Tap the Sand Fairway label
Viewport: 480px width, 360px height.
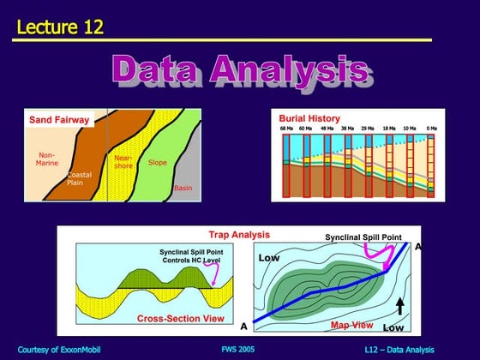(60, 120)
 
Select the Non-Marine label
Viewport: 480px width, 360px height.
(46, 159)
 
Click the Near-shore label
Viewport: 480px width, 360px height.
(123, 162)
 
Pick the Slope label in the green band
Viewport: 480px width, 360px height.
(158, 162)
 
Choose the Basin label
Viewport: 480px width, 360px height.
(183, 187)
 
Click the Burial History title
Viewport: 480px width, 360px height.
(309, 118)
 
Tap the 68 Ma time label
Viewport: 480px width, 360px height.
(286, 129)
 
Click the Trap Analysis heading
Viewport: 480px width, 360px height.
(239, 234)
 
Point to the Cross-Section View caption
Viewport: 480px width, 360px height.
(181, 318)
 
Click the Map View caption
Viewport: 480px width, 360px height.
(352, 325)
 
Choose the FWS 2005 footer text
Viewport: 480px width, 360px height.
(238, 349)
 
